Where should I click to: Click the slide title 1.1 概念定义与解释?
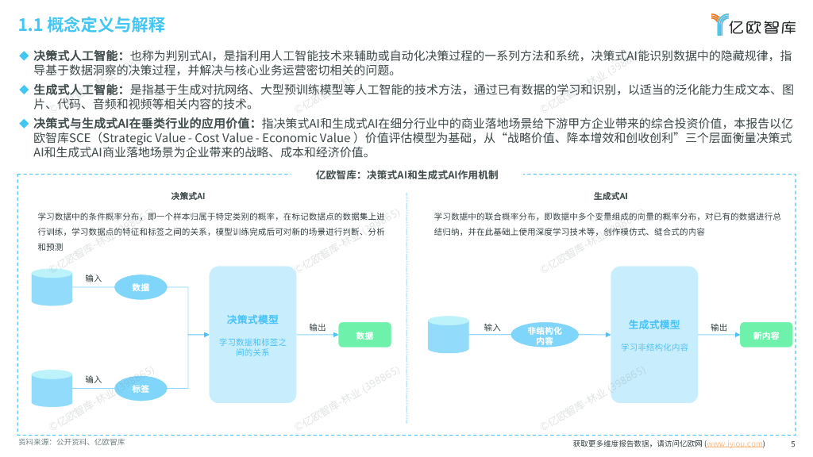(91, 25)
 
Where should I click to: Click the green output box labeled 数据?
(364, 336)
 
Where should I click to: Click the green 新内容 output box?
(766, 336)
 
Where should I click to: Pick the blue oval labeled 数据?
(141, 287)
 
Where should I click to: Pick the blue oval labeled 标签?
(141, 387)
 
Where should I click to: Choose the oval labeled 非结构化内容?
(544, 336)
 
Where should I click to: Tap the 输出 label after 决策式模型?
(318, 327)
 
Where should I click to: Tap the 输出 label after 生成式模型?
(719, 327)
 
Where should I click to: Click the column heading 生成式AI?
(611, 195)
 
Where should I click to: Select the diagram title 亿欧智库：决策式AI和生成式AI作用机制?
(406, 174)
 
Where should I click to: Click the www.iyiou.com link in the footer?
(736, 444)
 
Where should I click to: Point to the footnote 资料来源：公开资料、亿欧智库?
(71, 441)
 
